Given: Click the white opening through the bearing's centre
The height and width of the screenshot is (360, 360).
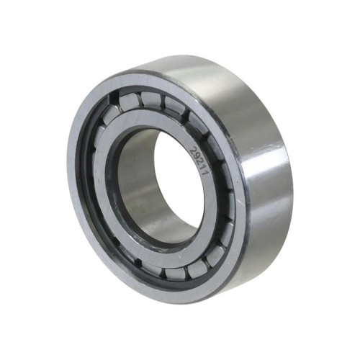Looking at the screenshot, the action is pyautogui.click(x=179, y=182).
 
